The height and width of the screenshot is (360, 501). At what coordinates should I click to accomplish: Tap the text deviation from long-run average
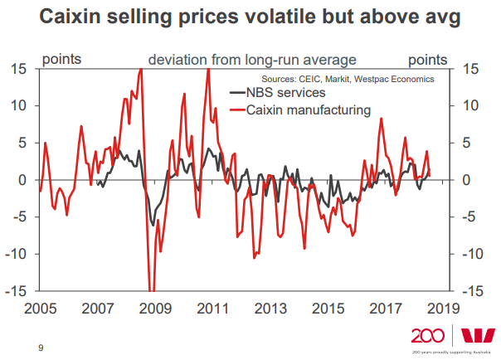(x=252, y=60)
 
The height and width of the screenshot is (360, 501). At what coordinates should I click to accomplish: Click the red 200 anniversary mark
(x=427, y=335)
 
